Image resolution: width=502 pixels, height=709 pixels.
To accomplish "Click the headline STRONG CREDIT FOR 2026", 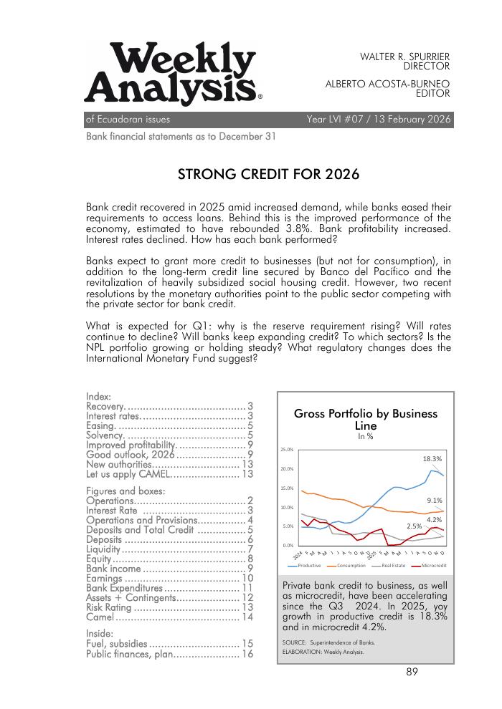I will tap(267, 175).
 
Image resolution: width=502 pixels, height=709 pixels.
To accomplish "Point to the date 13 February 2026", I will tap(409, 120).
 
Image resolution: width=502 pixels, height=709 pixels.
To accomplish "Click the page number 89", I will tap(412, 672).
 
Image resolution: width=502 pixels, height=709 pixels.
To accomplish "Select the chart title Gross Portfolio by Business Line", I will tap(365, 420).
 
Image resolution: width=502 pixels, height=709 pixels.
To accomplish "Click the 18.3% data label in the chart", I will tap(432, 458).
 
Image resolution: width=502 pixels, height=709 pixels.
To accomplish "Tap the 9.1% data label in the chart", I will tap(434, 501).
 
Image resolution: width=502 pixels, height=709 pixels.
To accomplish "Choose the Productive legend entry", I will tap(306, 565).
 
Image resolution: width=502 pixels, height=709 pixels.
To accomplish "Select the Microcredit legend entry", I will tap(432, 565).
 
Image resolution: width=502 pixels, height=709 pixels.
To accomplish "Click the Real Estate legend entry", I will tap(392, 565).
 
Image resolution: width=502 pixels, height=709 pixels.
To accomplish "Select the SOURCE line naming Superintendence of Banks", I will tap(328, 642).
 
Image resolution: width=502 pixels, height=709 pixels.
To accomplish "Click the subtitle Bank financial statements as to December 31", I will tap(181, 136).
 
